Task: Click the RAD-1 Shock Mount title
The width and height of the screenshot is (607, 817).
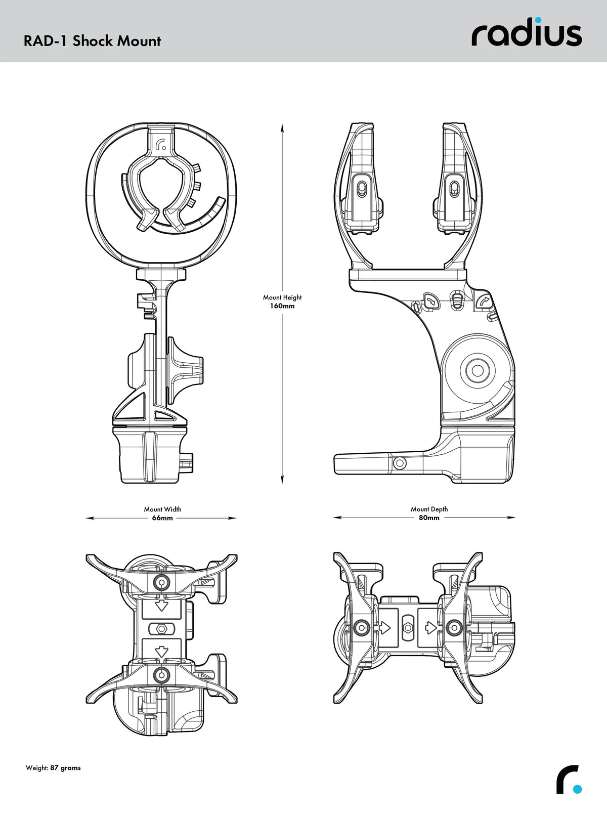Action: pos(92,41)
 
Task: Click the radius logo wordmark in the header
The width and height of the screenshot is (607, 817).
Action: pos(527,34)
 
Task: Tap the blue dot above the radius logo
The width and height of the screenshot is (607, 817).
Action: pos(538,21)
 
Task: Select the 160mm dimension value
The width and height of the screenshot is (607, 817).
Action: pos(282,306)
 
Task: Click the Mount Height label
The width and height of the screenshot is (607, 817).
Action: pos(282,297)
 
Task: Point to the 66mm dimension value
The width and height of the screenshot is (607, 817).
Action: pos(162,518)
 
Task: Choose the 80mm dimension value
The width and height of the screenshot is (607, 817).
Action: pos(429,518)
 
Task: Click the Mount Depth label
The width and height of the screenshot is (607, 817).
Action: pos(429,509)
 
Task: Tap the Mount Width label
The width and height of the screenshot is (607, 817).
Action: pos(162,509)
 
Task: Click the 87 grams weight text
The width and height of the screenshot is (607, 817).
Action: pos(65,768)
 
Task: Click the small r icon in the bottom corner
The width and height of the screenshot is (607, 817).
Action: pos(568,780)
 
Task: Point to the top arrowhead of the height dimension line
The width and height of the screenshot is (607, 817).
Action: pos(282,127)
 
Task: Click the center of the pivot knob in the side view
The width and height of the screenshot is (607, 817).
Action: pos(476,371)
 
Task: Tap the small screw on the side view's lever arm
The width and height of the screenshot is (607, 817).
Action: pos(400,463)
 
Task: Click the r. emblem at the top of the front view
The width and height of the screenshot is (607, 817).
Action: pos(161,145)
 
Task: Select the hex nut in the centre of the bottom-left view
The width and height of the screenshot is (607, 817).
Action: pos(161,628)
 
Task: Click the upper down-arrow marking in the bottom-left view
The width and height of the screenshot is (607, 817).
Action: pos(161,606)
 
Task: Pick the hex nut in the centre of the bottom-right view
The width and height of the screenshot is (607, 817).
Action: pos(408,628)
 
